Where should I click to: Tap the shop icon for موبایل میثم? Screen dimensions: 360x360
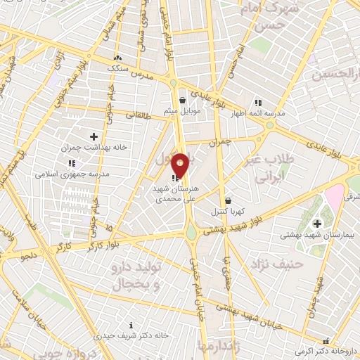(182, 100)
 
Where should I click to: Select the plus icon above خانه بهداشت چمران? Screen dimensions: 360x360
(94, 136)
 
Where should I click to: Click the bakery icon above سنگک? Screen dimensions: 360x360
(117, 58)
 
